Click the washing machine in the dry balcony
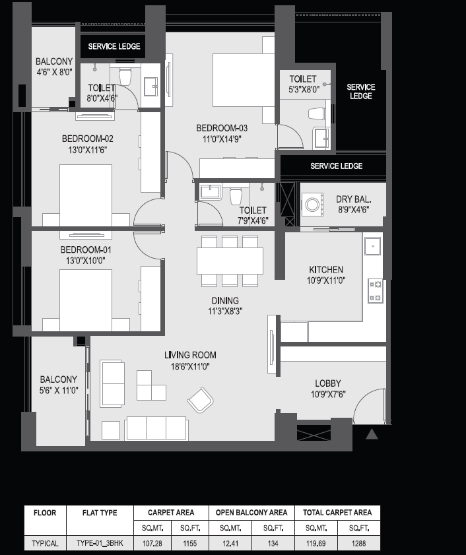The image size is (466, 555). tap(312, 204)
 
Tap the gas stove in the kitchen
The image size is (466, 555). tap(376, 291)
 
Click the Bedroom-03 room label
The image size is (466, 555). tap(222, 128)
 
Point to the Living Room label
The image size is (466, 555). tap(190, 355)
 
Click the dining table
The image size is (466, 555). tap(230, 261)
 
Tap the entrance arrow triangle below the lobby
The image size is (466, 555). tap(372, 434)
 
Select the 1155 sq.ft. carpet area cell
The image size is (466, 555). tap(190, 543)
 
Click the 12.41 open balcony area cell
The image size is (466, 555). tap(230, 543)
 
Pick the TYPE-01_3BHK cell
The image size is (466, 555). tap(100, 543)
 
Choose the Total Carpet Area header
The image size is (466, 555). tap(337, 513)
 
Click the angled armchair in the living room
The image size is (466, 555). tap(201, 400)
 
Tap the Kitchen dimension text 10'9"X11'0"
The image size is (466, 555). tap(326, 280)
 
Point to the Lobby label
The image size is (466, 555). tap(328, 383)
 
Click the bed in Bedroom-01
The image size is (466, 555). tap(86, 300)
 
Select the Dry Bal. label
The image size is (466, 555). tap(353, 199)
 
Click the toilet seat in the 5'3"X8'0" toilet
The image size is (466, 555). tap(317, 114)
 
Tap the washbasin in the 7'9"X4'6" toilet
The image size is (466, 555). tap(211, 193)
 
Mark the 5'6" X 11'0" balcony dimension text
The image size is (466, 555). tap(59, 391)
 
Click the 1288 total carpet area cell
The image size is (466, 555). tap(358, 543)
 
